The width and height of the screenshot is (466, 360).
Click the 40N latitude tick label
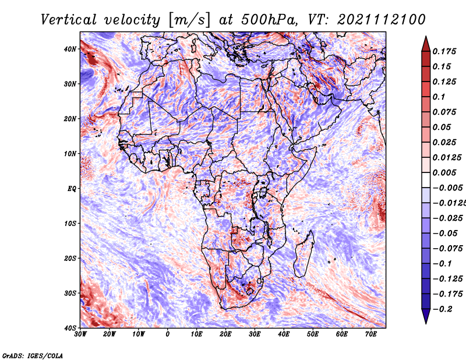(x=70, y=49)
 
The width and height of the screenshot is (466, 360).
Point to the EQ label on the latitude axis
(x=72, y=189)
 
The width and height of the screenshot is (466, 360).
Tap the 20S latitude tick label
(x=70, y=258)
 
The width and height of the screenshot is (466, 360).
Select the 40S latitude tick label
(x=70, y=328)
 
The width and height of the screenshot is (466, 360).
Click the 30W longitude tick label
(x=80, y=334)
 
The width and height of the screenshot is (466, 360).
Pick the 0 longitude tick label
(x=168, y=334)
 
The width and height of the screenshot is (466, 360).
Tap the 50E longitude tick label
(x=313, y=334)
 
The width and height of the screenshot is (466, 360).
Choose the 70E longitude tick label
(x=371, y=334)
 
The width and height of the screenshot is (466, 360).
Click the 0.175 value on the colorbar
(x=444, y=51)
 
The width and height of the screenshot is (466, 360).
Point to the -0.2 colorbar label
(x=442, y=309)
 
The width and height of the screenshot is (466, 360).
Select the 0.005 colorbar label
(x=444, y=172)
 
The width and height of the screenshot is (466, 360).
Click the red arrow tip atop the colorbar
(x=426, y=37)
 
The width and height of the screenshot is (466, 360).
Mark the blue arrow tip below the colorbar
(x=426, y=323)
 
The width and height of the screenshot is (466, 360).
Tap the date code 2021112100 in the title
(x=382, y=20)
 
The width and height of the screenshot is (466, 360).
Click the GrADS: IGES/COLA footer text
(x=33, y=355)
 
